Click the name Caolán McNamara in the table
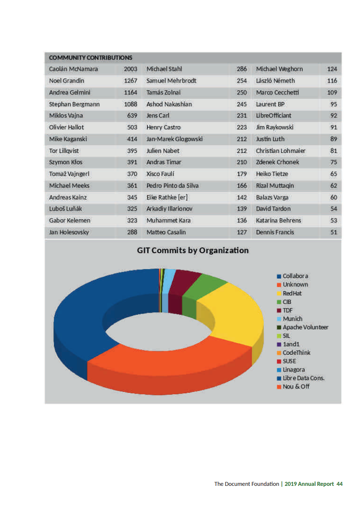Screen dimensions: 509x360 (73, 69)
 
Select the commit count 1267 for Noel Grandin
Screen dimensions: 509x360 (130, 81)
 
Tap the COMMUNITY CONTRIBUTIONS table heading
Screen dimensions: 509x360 (90, 58)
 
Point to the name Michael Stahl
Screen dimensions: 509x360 (164, 69)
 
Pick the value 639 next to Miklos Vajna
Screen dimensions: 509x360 (132, 116)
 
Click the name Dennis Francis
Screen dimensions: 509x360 (275, 232)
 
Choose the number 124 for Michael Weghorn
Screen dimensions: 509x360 (332, 69)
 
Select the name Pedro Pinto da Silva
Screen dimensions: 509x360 (172, 186)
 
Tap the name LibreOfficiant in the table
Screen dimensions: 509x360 (274, 116)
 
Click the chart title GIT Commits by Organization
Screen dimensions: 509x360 (193, 250)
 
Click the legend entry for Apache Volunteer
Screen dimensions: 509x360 (305, 327)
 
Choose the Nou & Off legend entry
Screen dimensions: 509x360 (296, 387)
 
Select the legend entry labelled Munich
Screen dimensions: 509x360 (292, 319)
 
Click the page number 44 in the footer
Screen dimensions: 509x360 (340, 484)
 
